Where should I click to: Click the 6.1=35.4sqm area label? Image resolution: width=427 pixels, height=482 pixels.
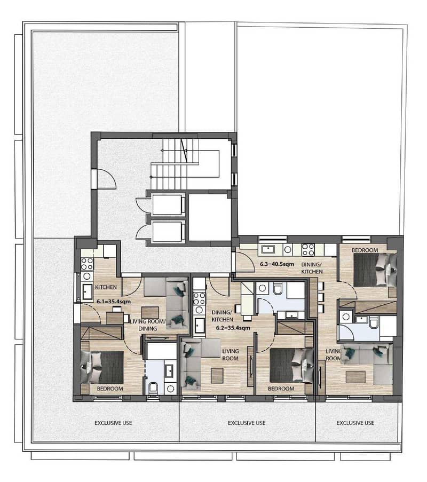[114, 302]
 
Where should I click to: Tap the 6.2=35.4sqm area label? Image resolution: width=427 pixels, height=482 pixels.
[233, 328]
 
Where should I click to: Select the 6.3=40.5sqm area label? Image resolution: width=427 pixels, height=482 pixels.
[277, 264]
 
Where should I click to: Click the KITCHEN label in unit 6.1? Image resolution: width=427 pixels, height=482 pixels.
[106, 287]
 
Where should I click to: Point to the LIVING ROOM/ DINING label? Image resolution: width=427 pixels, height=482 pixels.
[148, 325]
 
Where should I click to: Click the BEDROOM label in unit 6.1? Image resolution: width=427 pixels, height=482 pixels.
[110, 389]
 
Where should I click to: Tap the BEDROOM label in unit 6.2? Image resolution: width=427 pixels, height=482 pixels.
[281, 389]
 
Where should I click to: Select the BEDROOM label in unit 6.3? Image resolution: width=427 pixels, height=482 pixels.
[365, 250]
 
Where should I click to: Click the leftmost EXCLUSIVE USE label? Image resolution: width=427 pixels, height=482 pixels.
[113, 423]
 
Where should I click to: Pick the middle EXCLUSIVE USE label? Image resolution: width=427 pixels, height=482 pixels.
[247, 423]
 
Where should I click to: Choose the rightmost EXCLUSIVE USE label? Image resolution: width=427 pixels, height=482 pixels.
[355, 423]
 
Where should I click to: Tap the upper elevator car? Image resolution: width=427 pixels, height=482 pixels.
[167, 205]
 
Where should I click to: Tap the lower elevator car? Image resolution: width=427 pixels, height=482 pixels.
[167, 231]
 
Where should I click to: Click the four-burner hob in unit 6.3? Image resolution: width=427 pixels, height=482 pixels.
[308, 250]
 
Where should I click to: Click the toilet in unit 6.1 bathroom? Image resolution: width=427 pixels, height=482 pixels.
[153, 388]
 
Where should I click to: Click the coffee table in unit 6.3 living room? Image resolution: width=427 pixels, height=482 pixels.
[355, 377]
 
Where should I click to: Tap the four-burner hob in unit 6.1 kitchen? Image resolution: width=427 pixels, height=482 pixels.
[87, 264]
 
